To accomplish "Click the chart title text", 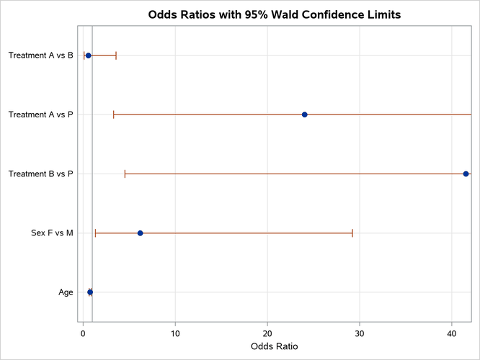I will pos(274,14).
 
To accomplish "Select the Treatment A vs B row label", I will pos(40,55).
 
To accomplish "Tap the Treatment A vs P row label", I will pos(40,114).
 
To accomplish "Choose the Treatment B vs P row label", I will pos(40,174).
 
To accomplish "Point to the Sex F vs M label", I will pos(52,233).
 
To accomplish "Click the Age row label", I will pos(66,292).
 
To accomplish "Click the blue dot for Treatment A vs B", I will pos(89,55).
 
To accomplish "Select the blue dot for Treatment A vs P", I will pos(305,114).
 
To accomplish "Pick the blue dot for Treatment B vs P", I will pos(466,174).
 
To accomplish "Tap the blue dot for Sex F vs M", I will pos(140,233).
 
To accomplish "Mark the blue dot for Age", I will pos(90,292).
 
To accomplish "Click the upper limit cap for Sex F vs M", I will pos(352,233).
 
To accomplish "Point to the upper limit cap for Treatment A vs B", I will pos(116,55).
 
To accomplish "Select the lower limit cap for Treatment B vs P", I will pos(125,174).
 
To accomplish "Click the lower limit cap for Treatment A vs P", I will pos(113,114).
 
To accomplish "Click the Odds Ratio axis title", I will pos(274,347).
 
